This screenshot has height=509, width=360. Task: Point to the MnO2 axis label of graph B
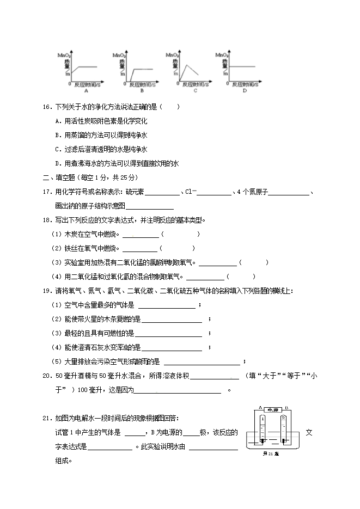(x=119, y=56)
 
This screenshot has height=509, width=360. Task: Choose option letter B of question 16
(x=58, y=135)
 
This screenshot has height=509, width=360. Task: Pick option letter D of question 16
(x=58, y=163)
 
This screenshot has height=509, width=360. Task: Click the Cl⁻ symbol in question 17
(x=191, y=192)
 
